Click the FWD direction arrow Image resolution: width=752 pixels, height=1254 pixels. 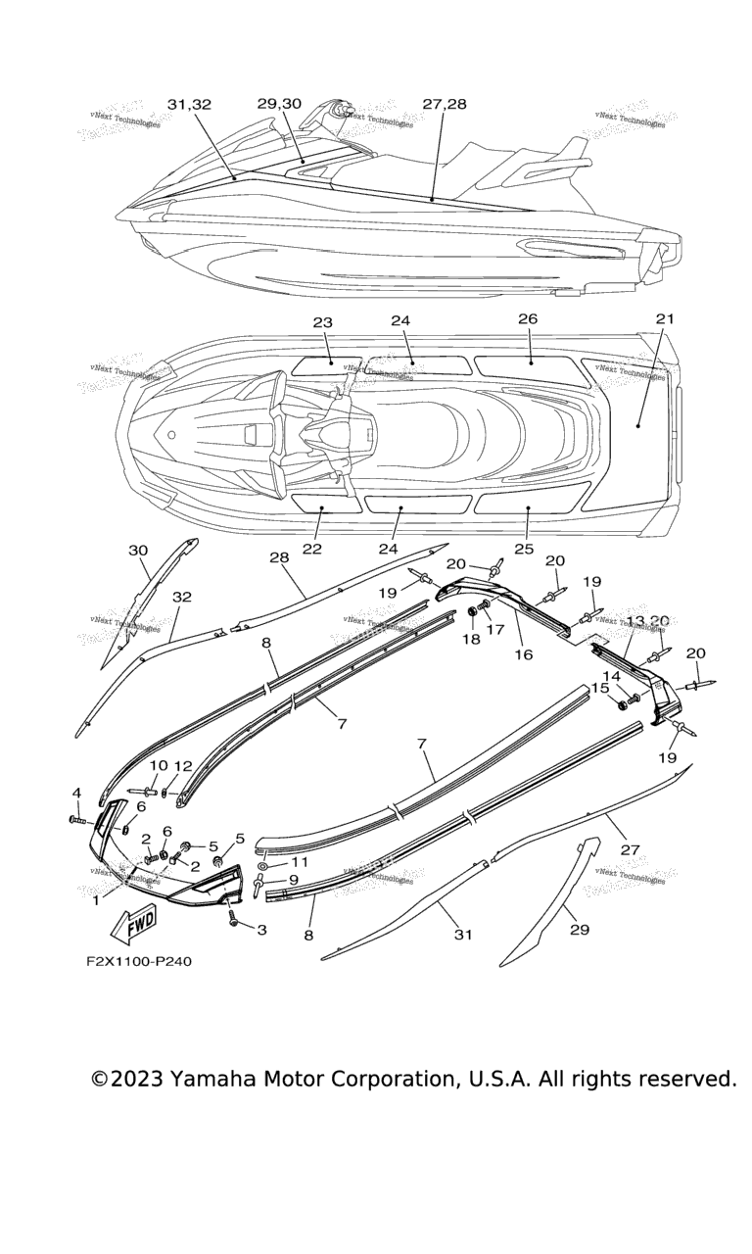coord(136,922)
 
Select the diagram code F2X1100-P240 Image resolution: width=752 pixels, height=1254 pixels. coord(138,961)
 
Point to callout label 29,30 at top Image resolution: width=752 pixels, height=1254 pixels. coord(280,104)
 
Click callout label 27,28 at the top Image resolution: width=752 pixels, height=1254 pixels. coord(445,104)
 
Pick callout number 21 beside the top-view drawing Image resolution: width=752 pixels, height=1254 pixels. coord(665,319)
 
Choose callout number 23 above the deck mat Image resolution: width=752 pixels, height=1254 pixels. coord(323,322)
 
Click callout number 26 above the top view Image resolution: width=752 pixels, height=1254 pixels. coord(528,319)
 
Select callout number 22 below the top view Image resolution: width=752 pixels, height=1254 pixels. coord(311,549)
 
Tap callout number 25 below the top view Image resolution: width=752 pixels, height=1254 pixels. coord(524,549)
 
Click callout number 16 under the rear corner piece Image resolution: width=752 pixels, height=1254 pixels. coord(524,654)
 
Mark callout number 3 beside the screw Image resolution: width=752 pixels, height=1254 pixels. coord(261,930)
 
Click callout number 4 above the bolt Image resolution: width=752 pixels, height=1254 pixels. coord(75,793)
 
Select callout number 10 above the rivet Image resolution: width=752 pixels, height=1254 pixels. coord(159,765)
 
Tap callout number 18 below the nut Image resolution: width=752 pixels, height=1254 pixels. coord(472,639)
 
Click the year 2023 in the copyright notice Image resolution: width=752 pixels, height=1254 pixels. coord(136,1079)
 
